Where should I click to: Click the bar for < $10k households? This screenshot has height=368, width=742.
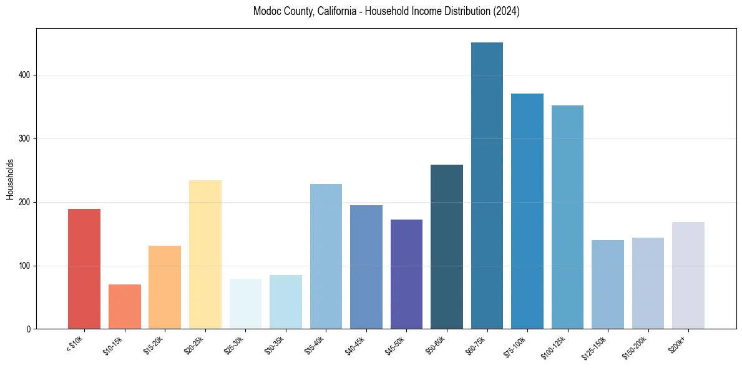tap(84, 269)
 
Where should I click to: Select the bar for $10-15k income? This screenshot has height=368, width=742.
tap(124, 306)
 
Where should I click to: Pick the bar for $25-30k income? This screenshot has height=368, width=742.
tap(245, 304)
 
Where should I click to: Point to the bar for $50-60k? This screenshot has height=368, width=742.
tap(447, 246)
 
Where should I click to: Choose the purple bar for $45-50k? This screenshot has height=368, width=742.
tap(406, 274)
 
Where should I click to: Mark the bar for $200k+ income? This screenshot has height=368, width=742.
tap(688, 275)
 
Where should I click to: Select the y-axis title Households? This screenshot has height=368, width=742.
tap(10, 179)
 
